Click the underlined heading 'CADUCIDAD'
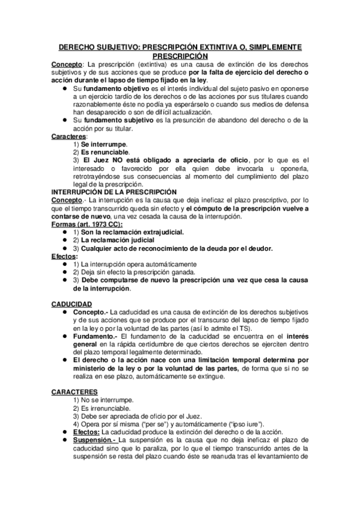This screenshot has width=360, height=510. [x=72, y=304]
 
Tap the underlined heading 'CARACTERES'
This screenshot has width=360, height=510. [x=75, y=392]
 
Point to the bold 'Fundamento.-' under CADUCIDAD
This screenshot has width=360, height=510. [x=95, y=337]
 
